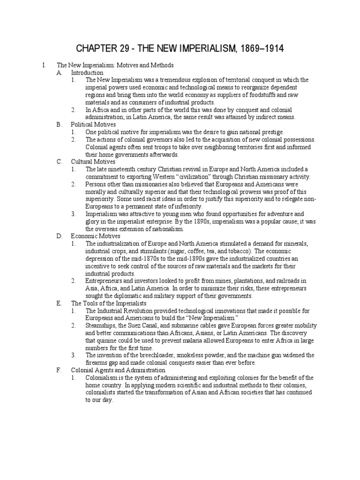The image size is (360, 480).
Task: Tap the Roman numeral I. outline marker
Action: pos(43,66)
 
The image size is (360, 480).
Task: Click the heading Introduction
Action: pos(87,73)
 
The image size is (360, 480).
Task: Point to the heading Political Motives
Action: pos(93,125)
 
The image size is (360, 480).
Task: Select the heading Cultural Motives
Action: pos(93,162)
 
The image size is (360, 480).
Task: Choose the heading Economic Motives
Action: pos(96,236)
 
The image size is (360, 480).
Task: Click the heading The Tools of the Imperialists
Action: pos(109,303)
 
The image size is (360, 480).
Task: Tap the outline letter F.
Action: pos(59,370)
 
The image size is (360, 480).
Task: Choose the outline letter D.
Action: pos(59,236)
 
